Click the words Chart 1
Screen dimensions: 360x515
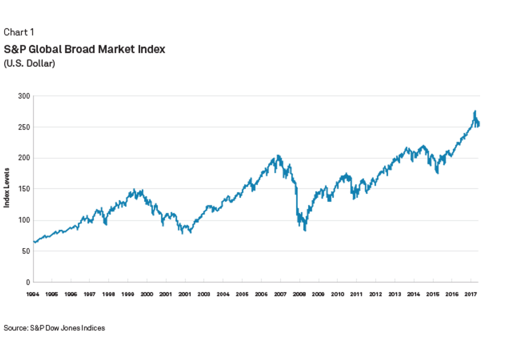pos(19,33)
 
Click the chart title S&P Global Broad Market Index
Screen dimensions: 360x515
pos(85,49)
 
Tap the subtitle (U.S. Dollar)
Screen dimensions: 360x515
pos(29,64)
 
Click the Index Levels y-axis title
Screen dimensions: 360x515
pos(7,187)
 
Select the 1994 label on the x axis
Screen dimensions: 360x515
pos(34,294)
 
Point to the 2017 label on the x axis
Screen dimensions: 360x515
pos(470,294)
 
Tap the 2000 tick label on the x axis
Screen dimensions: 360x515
pos(147,294)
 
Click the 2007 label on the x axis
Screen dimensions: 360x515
pos(280,294)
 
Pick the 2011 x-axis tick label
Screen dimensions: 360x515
pos(356,294)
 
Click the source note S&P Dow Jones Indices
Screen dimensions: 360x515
pos(54,328)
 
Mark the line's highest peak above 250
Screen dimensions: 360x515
pos(475,111)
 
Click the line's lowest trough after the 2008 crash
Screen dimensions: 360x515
pos(305,230)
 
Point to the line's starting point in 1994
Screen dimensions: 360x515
pos(34,242)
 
